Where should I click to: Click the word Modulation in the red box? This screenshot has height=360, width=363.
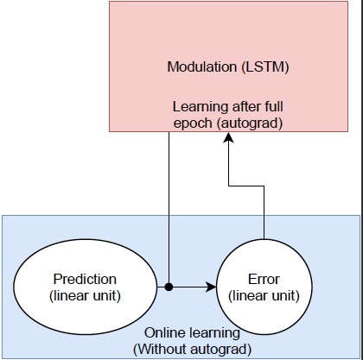point(202,66)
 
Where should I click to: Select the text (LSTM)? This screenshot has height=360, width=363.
point(265,67)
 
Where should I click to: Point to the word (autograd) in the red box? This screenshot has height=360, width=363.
point(250,123)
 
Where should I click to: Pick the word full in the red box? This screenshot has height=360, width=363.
point(272,106)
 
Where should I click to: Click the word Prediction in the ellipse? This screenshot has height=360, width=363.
point(85,279)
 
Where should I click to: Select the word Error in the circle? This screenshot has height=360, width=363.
point(264,279)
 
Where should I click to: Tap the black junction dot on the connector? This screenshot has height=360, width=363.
point(169,287)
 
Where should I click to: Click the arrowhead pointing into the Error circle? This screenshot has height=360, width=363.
point(211,287)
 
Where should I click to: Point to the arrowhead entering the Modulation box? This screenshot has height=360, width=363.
point(229,137)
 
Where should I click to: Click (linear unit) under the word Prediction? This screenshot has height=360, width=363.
point(85,296)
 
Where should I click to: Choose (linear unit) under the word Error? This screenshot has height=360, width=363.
point(264,296)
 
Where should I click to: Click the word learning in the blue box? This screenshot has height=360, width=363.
point(214,334)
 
